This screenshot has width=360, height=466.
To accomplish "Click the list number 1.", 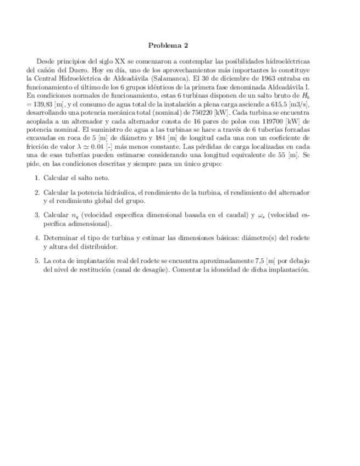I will coord(37,179).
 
